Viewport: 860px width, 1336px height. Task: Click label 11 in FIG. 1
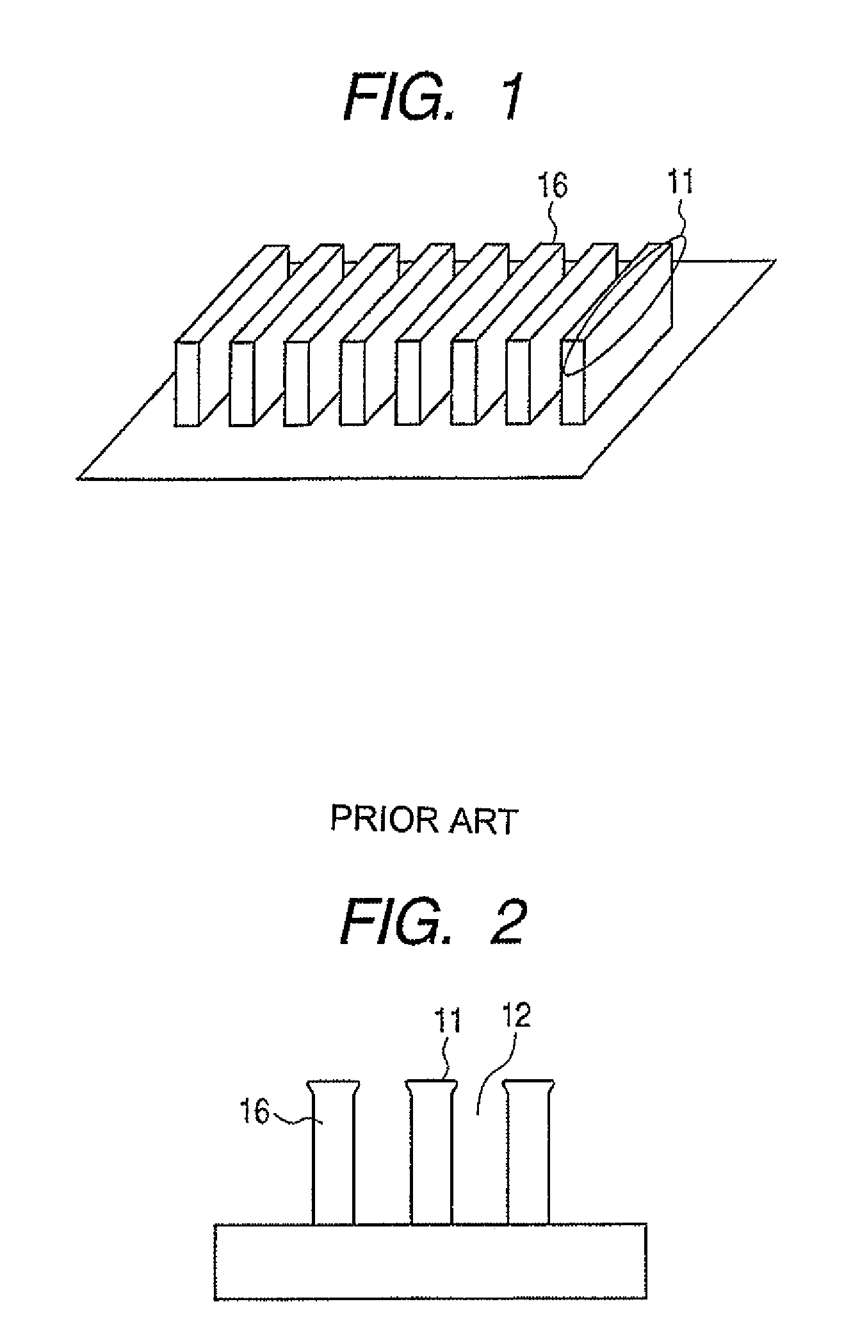681,183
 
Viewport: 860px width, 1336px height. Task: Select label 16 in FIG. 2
254,1111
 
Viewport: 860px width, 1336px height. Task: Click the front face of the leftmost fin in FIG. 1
188,383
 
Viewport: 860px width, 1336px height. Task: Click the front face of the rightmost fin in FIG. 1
573,383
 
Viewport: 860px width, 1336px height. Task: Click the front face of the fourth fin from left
353,383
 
